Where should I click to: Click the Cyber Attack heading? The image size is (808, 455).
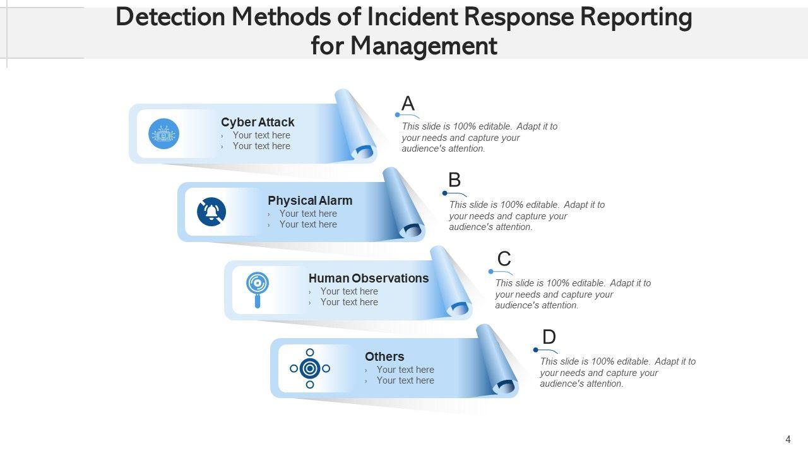click(258, 122)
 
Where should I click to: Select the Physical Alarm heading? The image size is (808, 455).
click(310, 200)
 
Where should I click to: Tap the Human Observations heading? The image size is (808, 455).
click(369, 278)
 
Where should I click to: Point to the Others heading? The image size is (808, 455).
click(384, 356)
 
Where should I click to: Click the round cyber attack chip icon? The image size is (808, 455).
click(163, 133)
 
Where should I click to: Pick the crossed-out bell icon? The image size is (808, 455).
click(211, 212)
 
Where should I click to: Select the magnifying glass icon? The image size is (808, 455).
click(258, 289)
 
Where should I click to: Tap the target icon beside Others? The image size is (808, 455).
click(310, 368)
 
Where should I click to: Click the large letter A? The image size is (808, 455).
click(408, 103)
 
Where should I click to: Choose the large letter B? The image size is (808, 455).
click(454, 179)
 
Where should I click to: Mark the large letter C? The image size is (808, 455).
click(504, 258)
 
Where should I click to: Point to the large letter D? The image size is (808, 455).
click(549, 337)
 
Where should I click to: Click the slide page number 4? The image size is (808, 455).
click(788, 439)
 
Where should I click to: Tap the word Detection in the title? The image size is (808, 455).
click(170, 17)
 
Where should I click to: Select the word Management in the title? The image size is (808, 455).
click(424, 46)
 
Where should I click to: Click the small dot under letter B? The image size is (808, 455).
click(445, 193)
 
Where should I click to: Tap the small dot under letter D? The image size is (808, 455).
click(536, 350)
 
